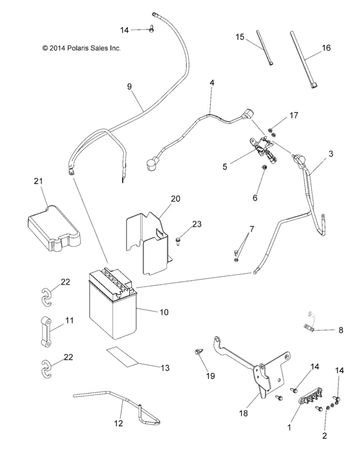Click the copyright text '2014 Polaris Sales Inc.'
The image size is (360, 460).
click(81, 48)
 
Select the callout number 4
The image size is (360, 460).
click(212, 84)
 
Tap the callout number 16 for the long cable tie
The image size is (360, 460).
click(326, 48)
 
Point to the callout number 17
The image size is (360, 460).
click(294, 116)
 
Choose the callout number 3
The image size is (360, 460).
click(330, 154)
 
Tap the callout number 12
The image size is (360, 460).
click(118, 423)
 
